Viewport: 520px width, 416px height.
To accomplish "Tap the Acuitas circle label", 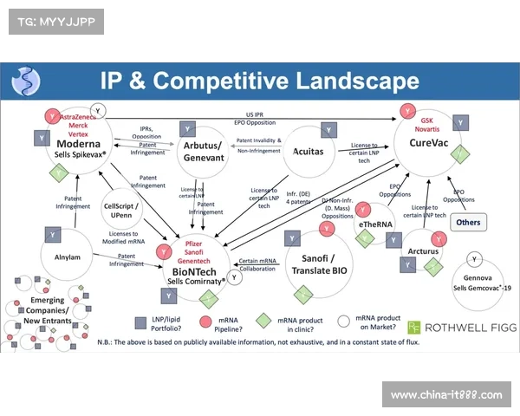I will coord(308,150).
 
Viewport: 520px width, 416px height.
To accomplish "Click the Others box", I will coord(468,222).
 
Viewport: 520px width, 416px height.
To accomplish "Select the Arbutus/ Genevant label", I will coord(204,153).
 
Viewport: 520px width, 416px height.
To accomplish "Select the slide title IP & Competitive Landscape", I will coord(259,82).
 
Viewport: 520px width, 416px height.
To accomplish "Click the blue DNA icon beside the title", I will coord(26,82).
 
